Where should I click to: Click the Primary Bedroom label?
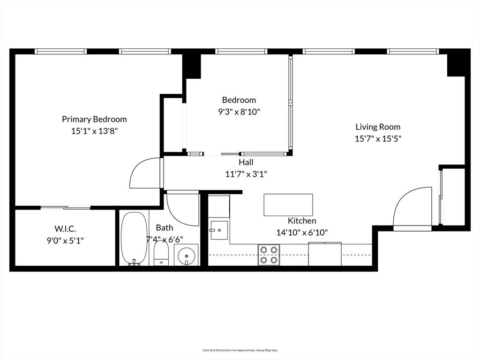[x=94, y=119]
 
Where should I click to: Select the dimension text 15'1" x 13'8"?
[x=94, y=131]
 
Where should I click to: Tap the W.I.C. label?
[x=65, y=229]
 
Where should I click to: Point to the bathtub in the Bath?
[x=134, y=238]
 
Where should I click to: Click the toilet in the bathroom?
[x=161, y=254]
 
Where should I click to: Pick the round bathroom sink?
[x=187, y=255]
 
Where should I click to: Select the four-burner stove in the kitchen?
[x=269, y=255]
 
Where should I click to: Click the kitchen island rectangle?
[x=288, y=205]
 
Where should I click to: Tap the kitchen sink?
[x=219, y=230]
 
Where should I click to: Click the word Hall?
[x=246, y=162]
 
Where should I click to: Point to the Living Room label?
[x=378, y=127]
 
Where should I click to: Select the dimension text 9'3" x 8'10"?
[x=239, y=112]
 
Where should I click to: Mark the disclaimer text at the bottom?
[x=240, y=350]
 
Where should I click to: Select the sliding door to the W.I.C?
[x=65, y=207]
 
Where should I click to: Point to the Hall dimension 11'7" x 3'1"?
[x=246, y=174]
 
